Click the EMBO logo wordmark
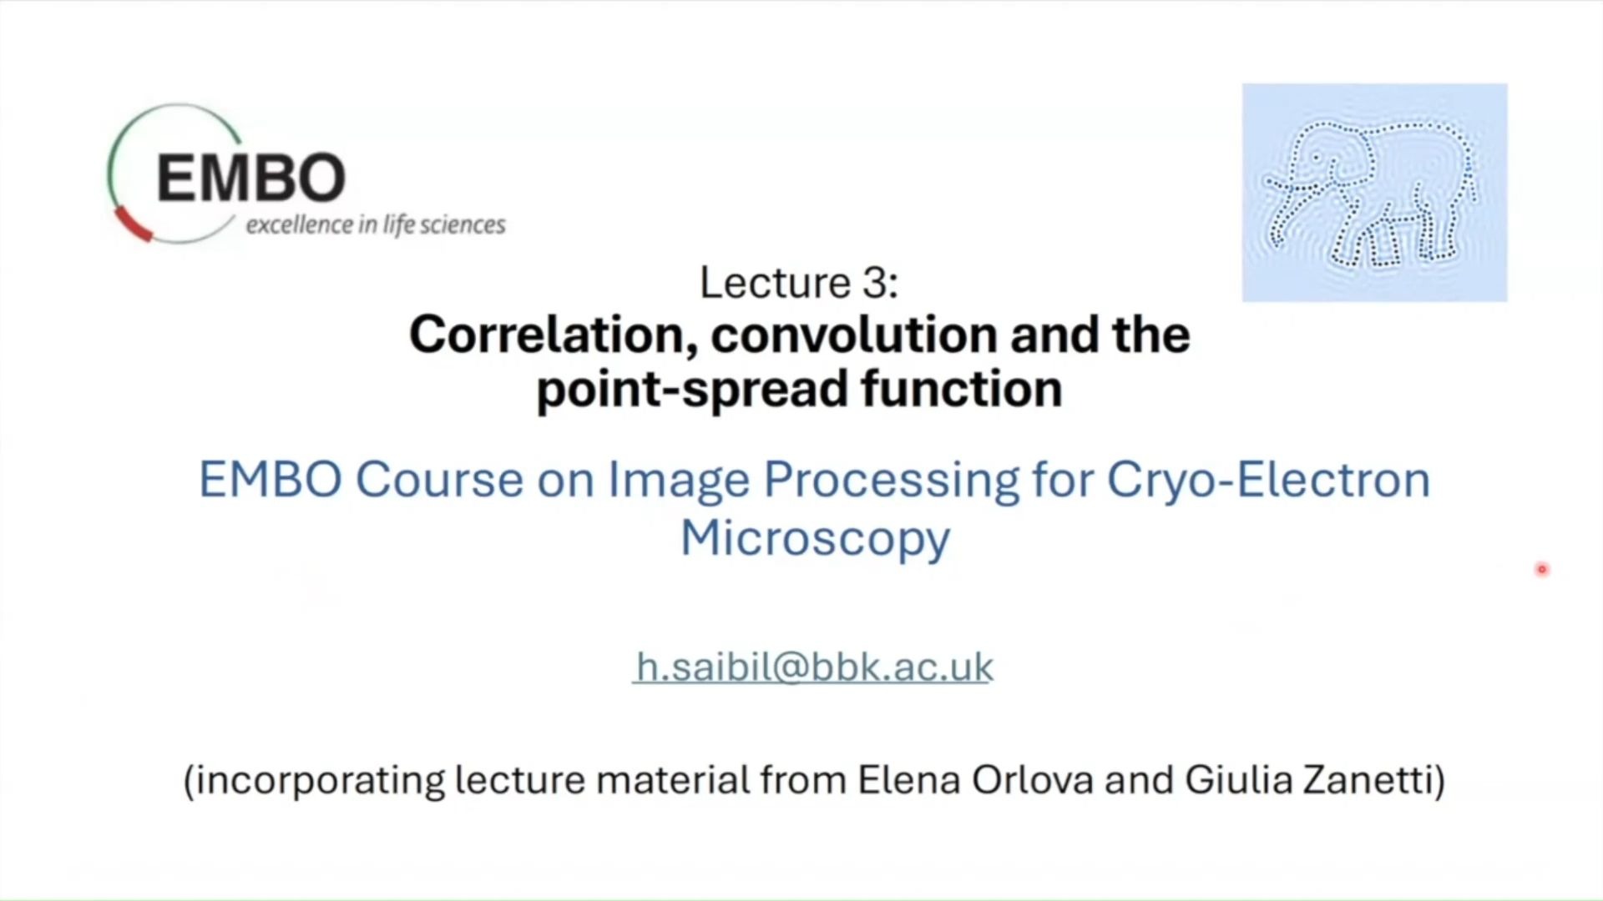[x=250, y=177]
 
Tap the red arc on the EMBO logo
[x=132, y=225]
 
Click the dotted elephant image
[x=1374, y=192]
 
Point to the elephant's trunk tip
[x=1268, y=180]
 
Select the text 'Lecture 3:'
[x=799, y=282]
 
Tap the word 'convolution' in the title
[x=854, y=335]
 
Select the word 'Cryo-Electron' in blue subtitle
[x=1269, y=481]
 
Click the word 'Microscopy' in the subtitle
[x=816, y=538]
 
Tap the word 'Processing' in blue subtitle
[x=891, y=481]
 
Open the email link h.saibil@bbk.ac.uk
[x=814, y=667]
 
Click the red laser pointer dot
[x=1542, y=570]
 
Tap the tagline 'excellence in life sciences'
[x=376, y=225]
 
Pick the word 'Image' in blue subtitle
[x=679, y=481]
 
